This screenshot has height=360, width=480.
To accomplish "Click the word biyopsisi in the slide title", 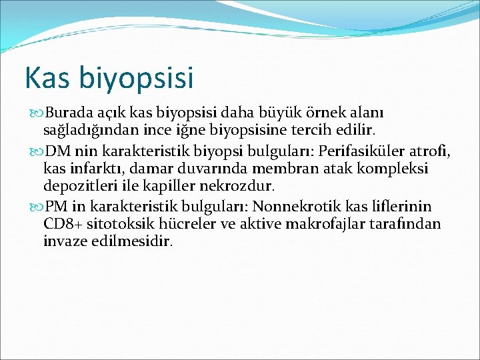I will pos(137,79).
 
